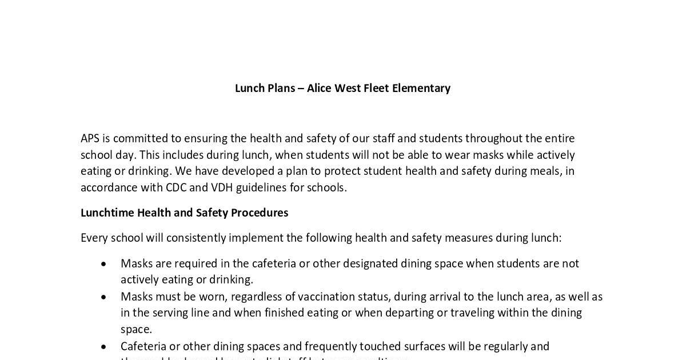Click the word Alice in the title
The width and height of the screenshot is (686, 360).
(319, 88)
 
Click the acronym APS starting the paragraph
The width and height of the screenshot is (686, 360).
(91, 139)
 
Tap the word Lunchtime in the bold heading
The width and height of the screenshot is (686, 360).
(107, 213)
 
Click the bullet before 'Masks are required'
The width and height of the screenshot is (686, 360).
(103, 264)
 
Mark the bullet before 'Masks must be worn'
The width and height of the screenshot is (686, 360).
(103, 297)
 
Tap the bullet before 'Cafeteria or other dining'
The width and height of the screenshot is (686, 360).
(103, 347)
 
